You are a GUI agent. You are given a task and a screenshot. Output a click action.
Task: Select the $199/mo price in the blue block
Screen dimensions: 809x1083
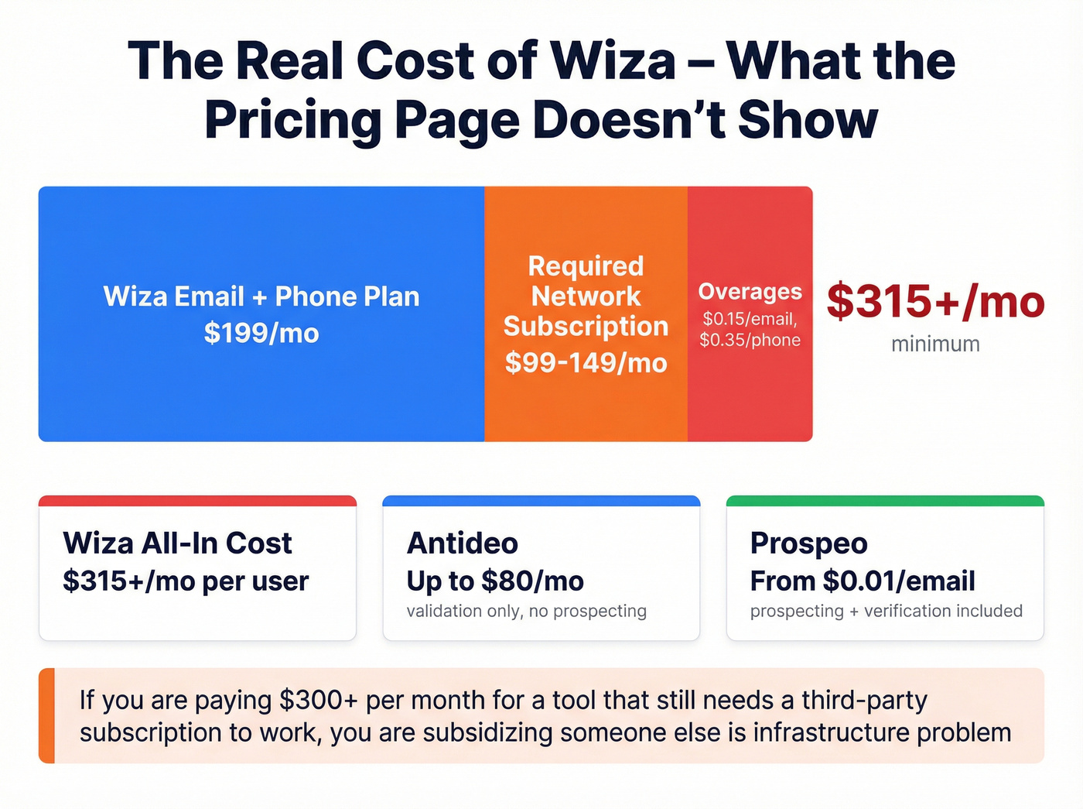tap(261, 333)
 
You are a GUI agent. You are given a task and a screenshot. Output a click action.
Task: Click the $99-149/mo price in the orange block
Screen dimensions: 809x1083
tap(586, 362)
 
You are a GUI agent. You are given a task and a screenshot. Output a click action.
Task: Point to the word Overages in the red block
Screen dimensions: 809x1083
tap(750, 291)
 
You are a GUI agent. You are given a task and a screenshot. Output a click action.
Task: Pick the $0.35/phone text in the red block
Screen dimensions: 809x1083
tap(750, 340)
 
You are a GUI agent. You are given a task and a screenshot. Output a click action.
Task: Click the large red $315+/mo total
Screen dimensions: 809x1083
tap(935, 301)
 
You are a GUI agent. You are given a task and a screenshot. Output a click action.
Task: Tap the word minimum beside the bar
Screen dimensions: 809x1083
tap(935, 344)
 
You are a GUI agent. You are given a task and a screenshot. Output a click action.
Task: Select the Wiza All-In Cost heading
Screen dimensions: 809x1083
tap(177, 543)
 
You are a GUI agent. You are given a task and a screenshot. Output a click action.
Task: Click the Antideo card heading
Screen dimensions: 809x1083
tap(463, 543)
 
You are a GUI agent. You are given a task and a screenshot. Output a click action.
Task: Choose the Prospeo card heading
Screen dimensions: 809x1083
tap(808, 543)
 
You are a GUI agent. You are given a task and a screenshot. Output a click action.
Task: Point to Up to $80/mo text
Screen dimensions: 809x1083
tap(495, 581)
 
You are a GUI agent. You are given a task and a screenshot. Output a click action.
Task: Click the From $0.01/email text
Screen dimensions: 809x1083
tap(862, 581)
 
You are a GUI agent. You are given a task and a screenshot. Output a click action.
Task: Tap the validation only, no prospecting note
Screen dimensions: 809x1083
tap(526, 611)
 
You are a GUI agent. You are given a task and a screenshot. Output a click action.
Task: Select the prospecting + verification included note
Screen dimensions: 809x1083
tap(886, 611)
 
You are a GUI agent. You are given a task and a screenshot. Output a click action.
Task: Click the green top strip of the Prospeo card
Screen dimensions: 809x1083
tap(885, 501)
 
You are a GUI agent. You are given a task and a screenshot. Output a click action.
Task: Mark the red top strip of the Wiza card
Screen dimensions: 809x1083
tap(197, 501)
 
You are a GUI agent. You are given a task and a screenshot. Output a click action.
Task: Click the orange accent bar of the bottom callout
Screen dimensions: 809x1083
tap(46, 715)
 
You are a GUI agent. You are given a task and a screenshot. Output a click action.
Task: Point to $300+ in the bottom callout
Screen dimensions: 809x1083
tap(318, 700)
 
